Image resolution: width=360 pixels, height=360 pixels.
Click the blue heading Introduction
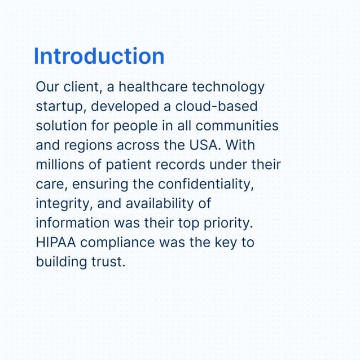click(x=99, y=56)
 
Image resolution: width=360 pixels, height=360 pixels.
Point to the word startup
click(x=60, y=107)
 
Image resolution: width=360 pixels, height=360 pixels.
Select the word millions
click(x=59, y=164)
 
